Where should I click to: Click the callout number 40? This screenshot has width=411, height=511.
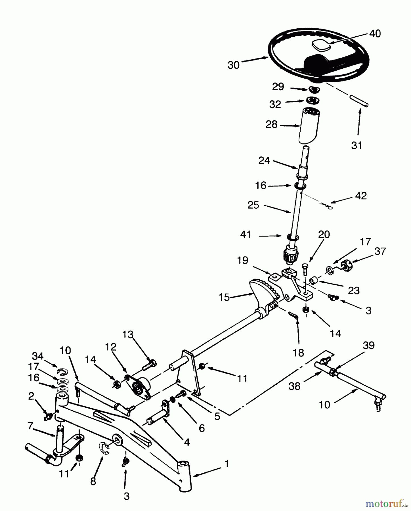click(x=375, y=34)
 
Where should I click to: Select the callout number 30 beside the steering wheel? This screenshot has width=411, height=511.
click(x=234, y=65)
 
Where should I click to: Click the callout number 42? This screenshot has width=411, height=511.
click(x=361, y=196)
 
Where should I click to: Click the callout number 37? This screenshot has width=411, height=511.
click(x=380, y=251)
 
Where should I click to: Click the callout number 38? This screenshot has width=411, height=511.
click(x=294, y=386)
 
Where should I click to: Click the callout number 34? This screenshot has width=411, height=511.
click(x=37, y=356)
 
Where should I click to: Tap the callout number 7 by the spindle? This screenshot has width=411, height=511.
click(x=31, y=425)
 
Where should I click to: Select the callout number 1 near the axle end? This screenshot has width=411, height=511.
click(x=226, y=464)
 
